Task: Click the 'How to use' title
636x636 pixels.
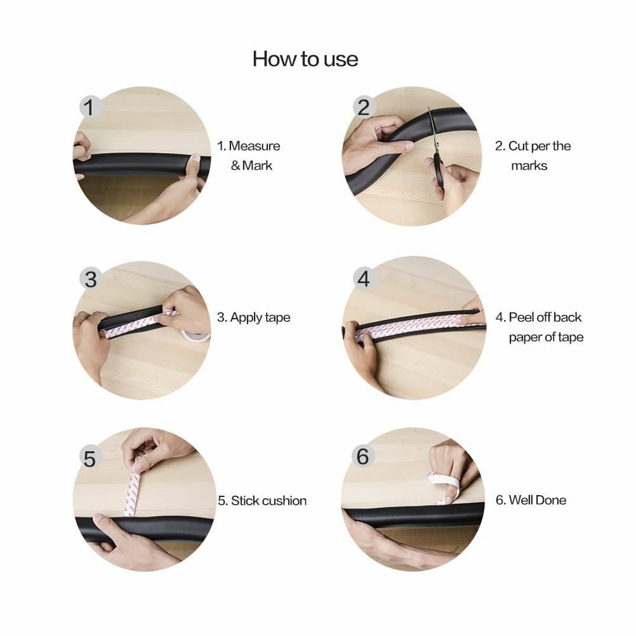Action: pos(305,59)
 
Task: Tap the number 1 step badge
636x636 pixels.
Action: pos(89,107)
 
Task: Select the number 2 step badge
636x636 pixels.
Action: pos(364,107)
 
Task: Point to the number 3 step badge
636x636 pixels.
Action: pos(91,279)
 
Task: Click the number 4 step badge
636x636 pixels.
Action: pos(364,278)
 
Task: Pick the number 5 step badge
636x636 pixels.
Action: pos(89,458)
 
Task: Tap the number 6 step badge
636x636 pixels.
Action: pos(362,456)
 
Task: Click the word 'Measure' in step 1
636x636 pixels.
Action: pos(255,146)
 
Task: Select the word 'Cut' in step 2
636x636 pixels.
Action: pos(517,146)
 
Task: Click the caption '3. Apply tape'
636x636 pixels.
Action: pos(253,317)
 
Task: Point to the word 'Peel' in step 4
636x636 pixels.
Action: pos(521,317)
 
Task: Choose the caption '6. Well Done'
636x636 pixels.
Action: pos(531,500)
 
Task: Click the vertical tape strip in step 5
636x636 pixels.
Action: pos(132,492)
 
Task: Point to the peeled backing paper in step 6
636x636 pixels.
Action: pos(443,487)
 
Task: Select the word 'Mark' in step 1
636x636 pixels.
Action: pos(257,166)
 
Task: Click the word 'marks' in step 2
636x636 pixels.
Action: pos(529,166)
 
